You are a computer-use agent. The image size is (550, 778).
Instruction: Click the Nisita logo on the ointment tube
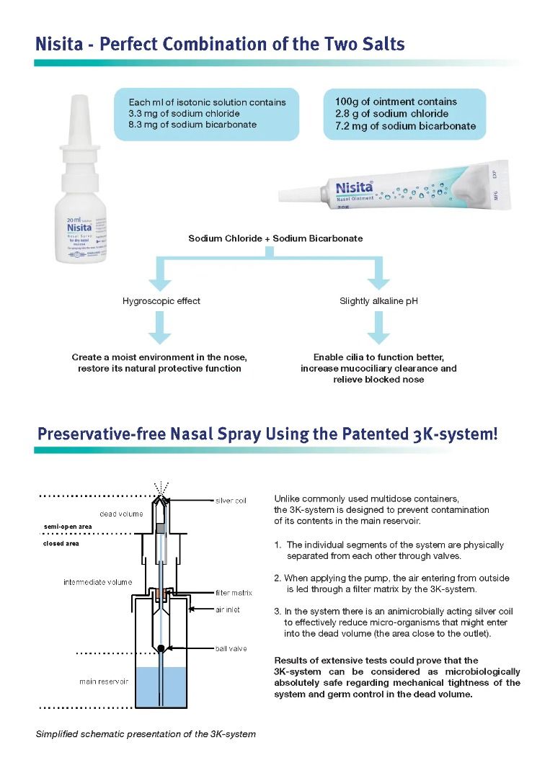click(355, 188)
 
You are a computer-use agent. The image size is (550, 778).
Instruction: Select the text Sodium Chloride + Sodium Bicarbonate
click(275, 238)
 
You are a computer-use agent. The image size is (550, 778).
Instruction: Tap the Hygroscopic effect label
click(161, 301)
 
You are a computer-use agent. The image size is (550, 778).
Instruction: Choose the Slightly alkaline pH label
click(378, 301)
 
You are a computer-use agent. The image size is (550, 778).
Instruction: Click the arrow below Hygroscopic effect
click(162, 331)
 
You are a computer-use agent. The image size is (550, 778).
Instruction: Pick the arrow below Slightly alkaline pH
click(378, 331)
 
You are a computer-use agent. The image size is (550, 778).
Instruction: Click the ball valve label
click(231, 648)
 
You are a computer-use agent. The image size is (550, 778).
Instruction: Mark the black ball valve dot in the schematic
click(161, 648)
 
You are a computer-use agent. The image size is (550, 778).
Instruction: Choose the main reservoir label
click(104, 681)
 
